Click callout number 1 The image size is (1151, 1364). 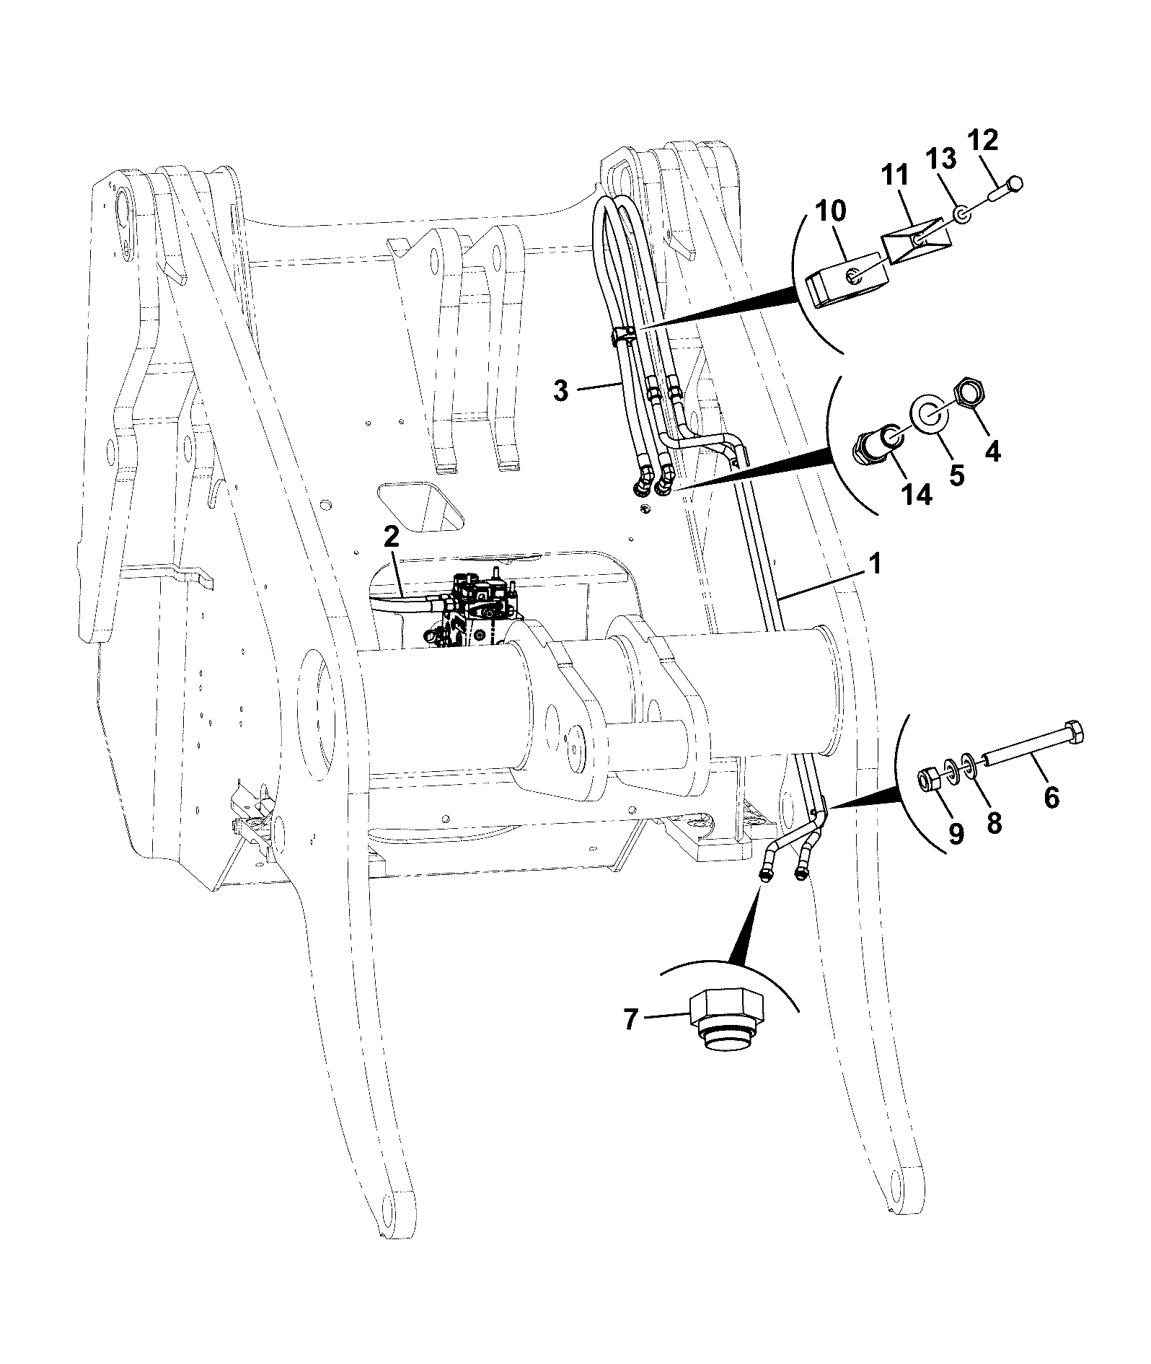click(875, 564)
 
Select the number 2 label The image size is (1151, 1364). click(390, 537)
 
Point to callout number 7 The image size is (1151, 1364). click(630, 1020)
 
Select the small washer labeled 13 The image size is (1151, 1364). click(961, 214)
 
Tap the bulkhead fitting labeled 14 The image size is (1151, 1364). click(877, 441)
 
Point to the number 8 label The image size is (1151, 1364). click(995, 823)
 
